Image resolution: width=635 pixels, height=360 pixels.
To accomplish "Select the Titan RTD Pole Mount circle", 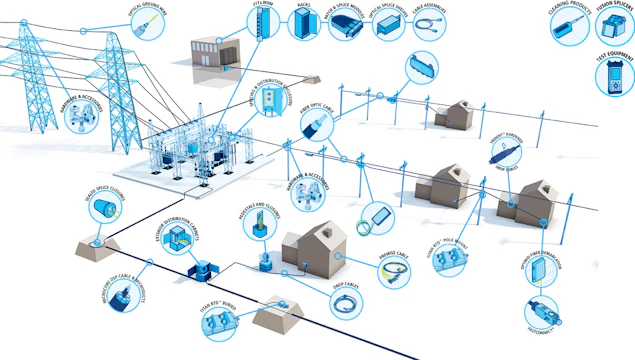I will [456, 261].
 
